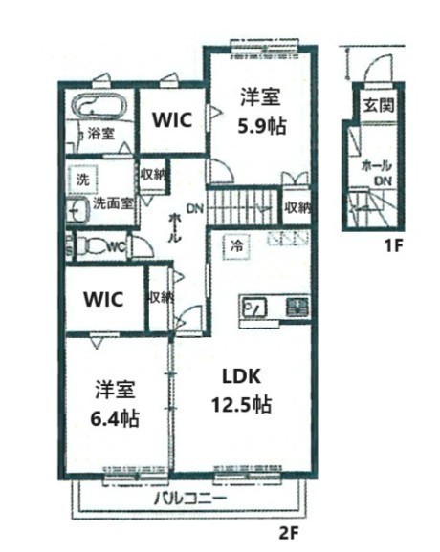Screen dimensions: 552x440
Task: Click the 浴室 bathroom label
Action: pyautogui.click(x=100, y=134)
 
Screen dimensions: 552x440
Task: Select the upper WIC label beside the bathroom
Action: pyautogui.click(x=172, y=120)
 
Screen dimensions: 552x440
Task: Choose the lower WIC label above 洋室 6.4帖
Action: pyautogui.click(x=102, y=298)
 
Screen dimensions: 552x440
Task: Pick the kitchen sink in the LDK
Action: pyautogui.click(x=257, y=308)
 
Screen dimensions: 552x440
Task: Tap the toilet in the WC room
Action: pyautogui.click(x=92, y=245)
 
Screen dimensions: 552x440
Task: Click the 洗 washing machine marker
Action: pyautogui.click(x=82, y=179)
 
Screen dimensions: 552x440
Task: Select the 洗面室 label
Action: pyautogui.click(x=112, y=202)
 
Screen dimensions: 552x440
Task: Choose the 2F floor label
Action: pyautogui.click(x=288, y=531)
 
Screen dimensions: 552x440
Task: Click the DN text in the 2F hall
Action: pyautogui.click(x=194, y=209)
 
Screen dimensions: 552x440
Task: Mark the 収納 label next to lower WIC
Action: pyautogui.click(x=161, y=297)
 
